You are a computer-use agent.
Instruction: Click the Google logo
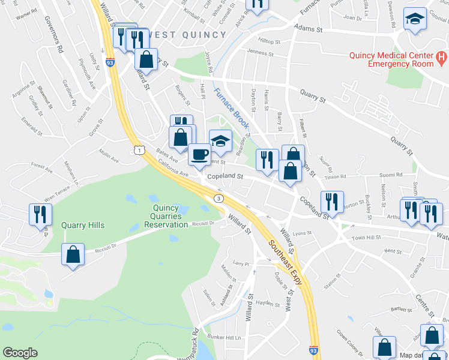click(20, 353)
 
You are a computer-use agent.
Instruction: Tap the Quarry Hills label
click(83, 226)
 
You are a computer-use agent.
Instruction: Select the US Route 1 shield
click(139, 149)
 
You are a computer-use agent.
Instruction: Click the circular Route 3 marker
click(220, 198)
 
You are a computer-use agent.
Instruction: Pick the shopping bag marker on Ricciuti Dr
click(73, 254)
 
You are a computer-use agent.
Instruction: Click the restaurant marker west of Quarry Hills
click(40, 214)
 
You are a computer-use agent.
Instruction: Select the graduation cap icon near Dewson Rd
click(415, 19)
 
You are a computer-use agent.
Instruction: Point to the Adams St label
click(308, 28)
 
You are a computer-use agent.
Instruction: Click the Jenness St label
click(261, 53)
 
